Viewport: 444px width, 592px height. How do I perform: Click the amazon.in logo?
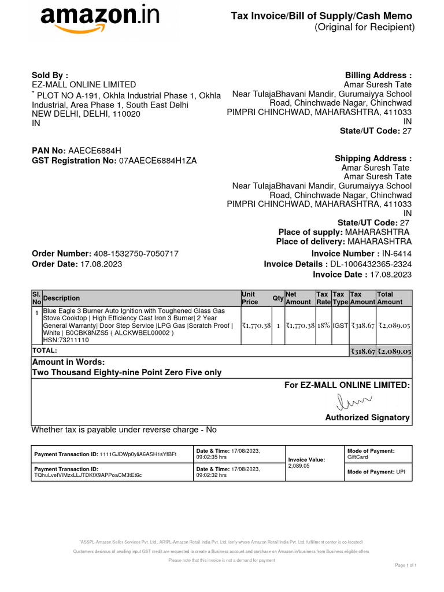click(99, 20)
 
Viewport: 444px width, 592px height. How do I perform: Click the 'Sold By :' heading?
click(50, 75)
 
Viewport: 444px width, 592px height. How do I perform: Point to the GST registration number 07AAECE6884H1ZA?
click(157, 161)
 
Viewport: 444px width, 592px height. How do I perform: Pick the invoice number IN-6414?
click(397, 254)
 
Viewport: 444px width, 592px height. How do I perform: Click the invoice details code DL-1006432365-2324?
click(371, 264)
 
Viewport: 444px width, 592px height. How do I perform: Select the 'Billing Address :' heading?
click(378, 75)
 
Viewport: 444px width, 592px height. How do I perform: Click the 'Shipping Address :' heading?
click(373, 158)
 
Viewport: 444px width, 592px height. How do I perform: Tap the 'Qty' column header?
click(277, 298)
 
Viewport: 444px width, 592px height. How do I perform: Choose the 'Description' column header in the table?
click(62, 298)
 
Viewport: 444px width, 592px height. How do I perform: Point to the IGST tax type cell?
click(340, 326)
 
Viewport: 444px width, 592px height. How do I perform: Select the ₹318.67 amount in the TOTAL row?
click(362, 351)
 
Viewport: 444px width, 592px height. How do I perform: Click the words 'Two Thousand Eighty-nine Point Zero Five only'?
click(127, 372)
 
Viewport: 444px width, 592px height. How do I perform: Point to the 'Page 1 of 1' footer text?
click(405, 565)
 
